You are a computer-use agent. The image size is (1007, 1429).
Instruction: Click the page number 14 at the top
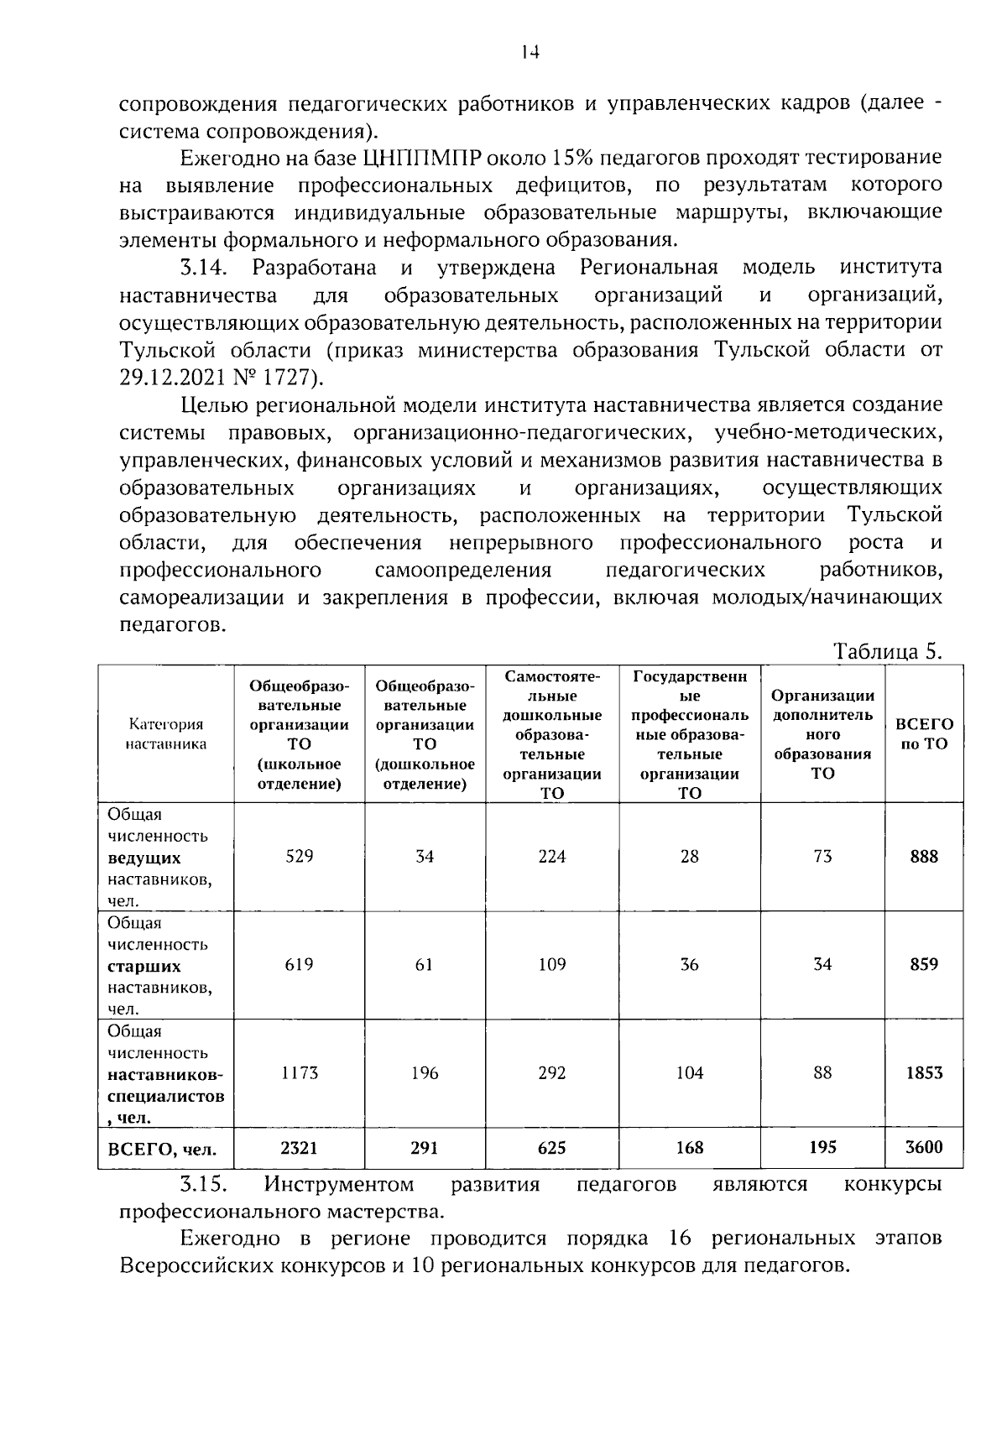point(529,52)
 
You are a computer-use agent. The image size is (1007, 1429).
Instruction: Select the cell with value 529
point(300,856)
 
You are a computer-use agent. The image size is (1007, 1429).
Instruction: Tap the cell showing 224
point(552,856)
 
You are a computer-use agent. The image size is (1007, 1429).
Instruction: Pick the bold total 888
point(924,856)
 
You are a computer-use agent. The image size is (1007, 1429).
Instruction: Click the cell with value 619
point(300,964)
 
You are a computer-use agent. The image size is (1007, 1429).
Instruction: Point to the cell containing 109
point(552,964)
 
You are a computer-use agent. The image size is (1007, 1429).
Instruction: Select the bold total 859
point(924,964)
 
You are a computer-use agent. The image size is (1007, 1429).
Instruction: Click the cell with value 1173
point(300,1072)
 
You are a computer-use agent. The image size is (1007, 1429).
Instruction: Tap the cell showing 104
point(690,1072)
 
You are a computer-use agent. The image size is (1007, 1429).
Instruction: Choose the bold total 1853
point(924,1072)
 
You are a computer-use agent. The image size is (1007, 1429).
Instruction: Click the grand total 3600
point(924,1147)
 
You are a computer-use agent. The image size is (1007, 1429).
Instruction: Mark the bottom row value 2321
point(300,1147)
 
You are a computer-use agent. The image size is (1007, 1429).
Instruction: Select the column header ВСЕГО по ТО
point(924,733)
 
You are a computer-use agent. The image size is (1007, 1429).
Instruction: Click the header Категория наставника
point(166,733)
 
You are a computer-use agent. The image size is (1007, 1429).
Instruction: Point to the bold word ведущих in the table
point(144,858)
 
